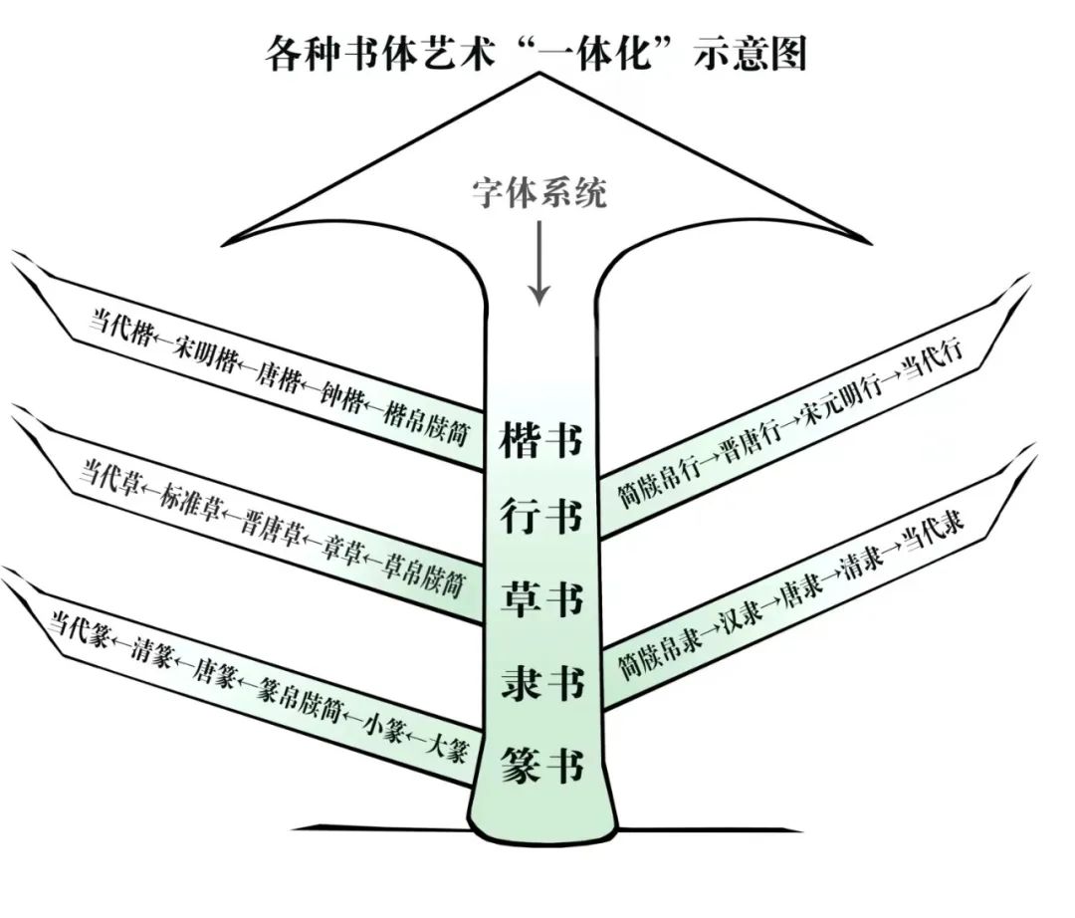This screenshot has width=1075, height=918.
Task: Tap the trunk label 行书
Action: pyautogui.click(x=541, y=519)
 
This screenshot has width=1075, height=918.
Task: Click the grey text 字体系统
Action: pyautogui.click(x=538, y=192)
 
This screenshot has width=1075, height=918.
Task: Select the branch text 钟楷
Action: pyautogui.click(x=340, y=397)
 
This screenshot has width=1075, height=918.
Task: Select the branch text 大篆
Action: pyautogui.click(x=447, y=748)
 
